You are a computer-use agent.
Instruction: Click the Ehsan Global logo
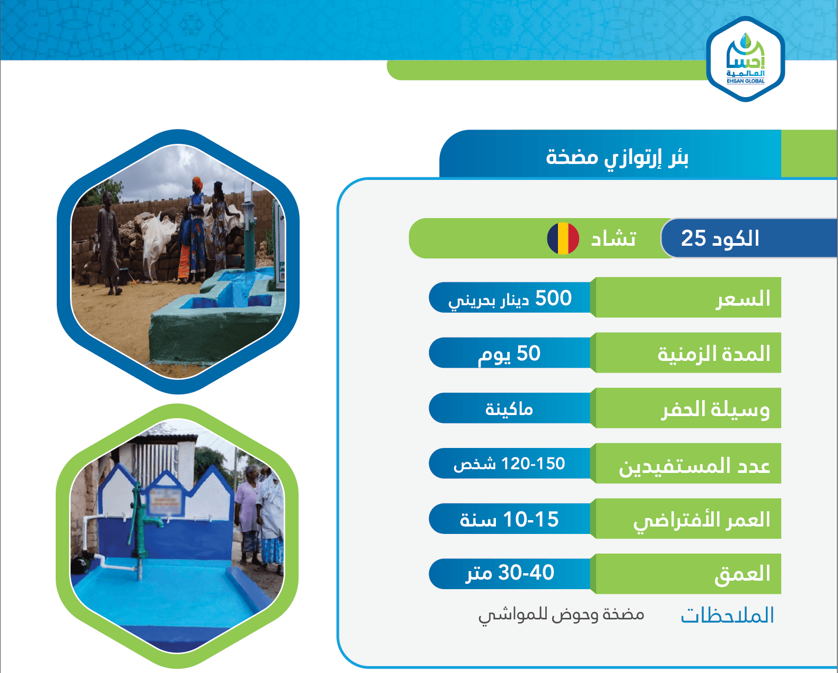[x=745, y=59]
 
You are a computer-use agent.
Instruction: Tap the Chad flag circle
[x=563, y=238]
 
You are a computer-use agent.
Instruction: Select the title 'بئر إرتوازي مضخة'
[x=617, y=158]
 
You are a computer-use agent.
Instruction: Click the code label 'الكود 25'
[x=720, y=238]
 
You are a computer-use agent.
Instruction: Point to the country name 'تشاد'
[x=613, y=238]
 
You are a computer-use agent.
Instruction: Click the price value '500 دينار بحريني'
[x=510, y=299]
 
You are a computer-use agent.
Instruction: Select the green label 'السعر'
[x=743, y=299]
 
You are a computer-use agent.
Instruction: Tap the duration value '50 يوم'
[x=509, y=354]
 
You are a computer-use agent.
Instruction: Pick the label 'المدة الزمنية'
[x=714, y=354]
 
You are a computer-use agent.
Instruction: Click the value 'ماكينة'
[x=509, y=409]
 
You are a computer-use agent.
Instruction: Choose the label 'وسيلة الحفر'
[x=715, y=409]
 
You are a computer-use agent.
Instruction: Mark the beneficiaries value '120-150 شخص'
[x=509, y=464]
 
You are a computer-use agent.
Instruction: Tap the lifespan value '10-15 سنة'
[x=509, y=520]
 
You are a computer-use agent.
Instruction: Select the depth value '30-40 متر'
[x=509, y=573]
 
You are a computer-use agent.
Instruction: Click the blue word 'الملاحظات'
[x=727, y=615]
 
